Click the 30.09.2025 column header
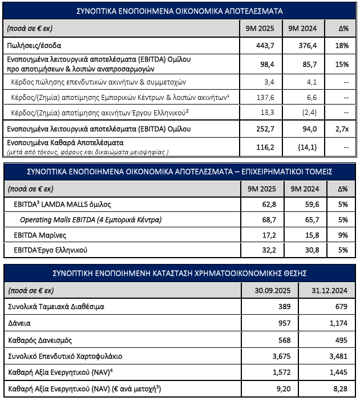[267, 290]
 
